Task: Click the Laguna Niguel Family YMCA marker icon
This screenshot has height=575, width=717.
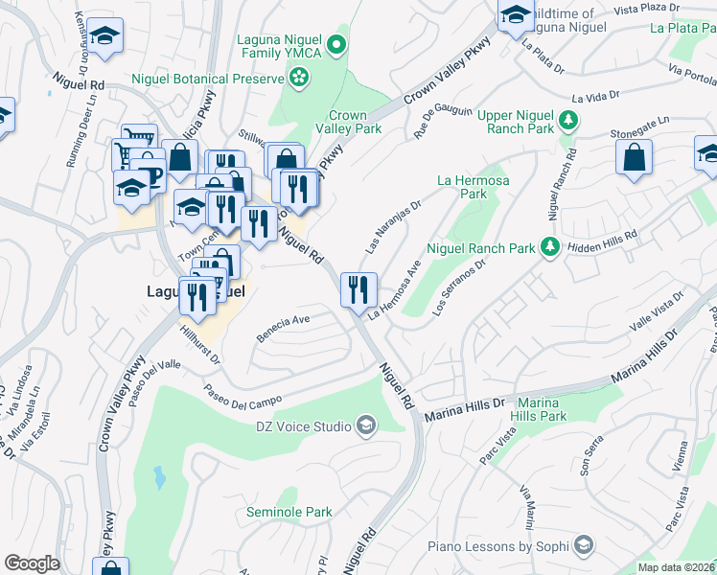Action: coord(335,44)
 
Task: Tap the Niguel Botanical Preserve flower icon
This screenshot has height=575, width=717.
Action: coord(300,78)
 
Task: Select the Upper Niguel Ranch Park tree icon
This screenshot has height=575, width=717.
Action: coord(569,120)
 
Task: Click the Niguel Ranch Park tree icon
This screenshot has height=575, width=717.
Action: coord(550,248)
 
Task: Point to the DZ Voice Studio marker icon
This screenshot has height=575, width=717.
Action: coord(365,425)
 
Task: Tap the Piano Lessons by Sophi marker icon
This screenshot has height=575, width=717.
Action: coord(582,547)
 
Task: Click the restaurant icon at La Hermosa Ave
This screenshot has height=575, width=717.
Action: coord(359,289)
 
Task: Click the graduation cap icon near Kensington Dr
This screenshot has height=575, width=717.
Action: coord(104,37)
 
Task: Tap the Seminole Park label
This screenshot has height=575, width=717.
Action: coord(289,513)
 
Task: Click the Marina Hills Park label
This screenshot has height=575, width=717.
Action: coord(554,409)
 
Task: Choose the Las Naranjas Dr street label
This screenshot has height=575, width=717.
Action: coord(393,227)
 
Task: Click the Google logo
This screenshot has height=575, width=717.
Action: coord(32,563)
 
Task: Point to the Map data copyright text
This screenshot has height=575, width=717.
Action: coord(676,567)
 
